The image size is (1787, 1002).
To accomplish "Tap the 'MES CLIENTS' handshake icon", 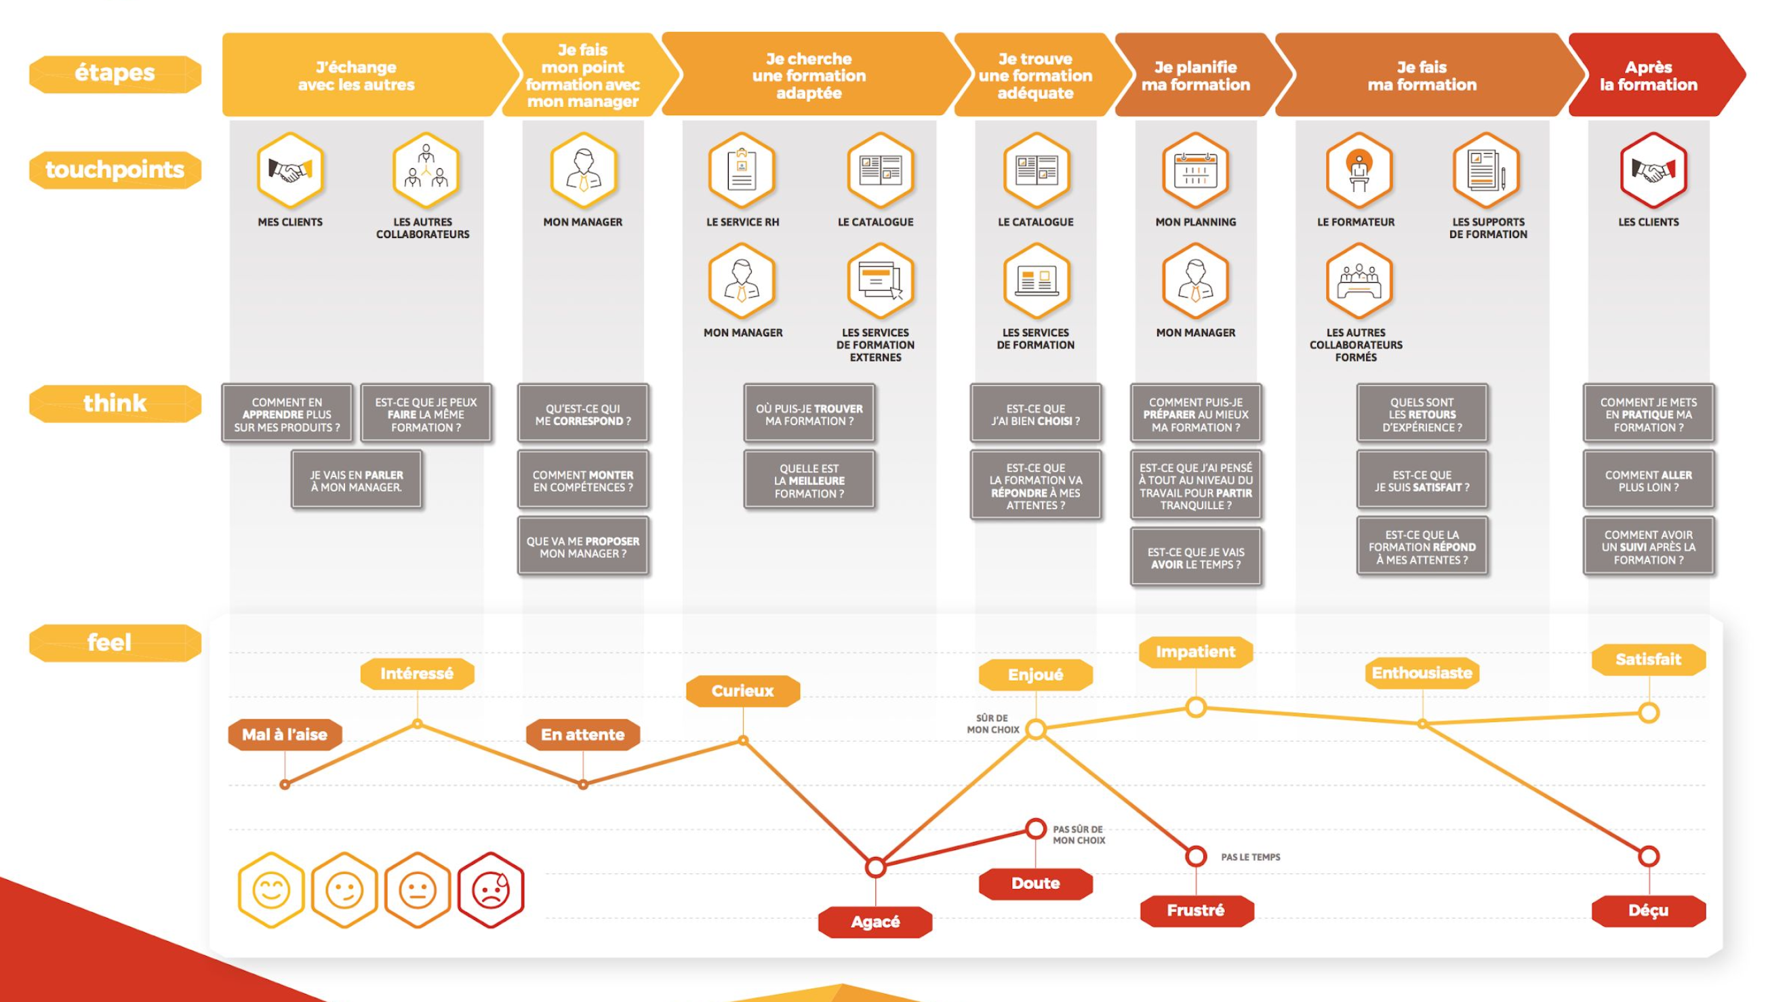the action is [290, 170].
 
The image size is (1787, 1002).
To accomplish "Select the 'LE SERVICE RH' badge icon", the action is [742, 170].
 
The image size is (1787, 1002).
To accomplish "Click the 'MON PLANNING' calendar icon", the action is [1195, 170].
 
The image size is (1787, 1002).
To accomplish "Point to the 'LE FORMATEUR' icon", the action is [1359, 170].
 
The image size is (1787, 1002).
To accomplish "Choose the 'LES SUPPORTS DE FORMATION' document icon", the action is [1486, 170].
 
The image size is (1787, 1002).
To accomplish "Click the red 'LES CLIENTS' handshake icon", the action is [1653, 170].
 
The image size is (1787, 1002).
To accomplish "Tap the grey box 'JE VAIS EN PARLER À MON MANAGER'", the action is [357, 480].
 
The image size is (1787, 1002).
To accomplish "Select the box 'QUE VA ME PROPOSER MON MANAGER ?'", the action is [583, 547].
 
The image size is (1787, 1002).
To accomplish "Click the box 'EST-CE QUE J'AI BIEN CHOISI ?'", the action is [1035, 414].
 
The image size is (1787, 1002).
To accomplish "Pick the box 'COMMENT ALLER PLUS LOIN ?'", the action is [1648, 480].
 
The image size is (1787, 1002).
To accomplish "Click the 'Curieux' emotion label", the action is [742, 691].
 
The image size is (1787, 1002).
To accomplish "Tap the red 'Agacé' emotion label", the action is [875, 921].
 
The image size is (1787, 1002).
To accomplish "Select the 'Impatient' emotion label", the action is [1195, 652].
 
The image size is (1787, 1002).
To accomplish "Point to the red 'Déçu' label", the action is [1648, 910].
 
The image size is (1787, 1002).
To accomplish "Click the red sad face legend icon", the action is [490, 889].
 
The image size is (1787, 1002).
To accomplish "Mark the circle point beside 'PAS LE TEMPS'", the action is [1195, 856].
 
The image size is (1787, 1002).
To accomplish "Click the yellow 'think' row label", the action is [115, 403].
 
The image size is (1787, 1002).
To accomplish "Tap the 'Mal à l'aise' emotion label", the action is [285, 734].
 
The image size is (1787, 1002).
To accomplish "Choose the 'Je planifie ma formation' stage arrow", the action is [1195, 76].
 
